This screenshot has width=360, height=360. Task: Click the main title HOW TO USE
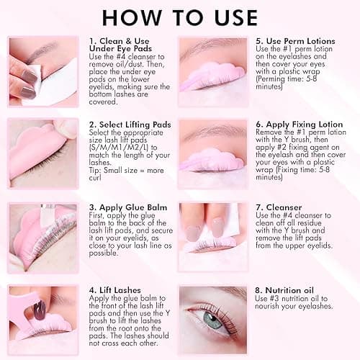tap(179, 17)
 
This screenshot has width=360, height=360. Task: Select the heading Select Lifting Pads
tap(130, 125)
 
